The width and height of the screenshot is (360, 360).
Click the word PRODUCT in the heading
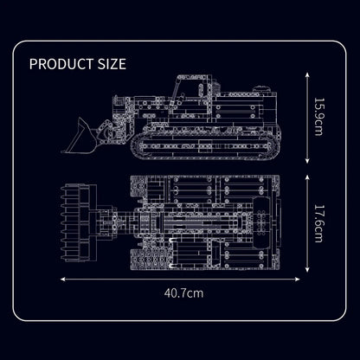coord(61,64)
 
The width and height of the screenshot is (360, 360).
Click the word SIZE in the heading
coord(112,64)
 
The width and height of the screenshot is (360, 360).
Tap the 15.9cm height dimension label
coord(318,117)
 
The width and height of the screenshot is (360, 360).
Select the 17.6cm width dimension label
coord(318,223)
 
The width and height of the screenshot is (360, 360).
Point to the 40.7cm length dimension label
coord(183,293)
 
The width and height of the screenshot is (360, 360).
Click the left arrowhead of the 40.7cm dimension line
coord(62,279)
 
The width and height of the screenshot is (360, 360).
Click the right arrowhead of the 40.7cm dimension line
coord(298,279)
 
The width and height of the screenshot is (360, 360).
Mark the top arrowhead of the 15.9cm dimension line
coord(307,74)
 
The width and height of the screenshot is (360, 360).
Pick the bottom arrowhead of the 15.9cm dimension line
coord(307,161)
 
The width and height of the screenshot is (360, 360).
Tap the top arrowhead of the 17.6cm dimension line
coord(307,177)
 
